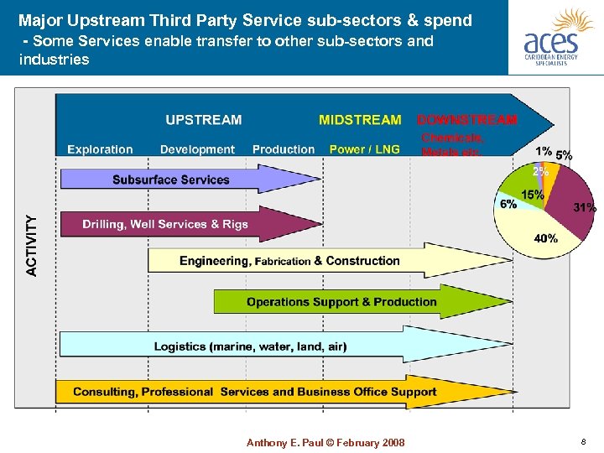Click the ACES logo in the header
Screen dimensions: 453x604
coord(556,38)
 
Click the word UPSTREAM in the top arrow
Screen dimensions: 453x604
coord(204,120)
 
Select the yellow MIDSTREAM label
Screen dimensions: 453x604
coord(360,120)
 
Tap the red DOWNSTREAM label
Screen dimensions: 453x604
coord(467,120)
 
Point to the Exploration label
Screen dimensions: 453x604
coord(100,149)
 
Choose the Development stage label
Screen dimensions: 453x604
coord(197,149)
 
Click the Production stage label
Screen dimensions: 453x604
coord(284,149)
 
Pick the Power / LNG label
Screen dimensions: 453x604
coord(364,149)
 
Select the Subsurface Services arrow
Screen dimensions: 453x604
coord(171,180)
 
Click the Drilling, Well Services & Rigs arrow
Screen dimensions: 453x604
coord(165,224)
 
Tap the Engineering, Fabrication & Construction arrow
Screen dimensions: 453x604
coord(289,261)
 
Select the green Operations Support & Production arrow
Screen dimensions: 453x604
coord(341,302)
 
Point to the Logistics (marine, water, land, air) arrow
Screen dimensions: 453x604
coord(250,346)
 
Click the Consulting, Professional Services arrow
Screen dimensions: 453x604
coord(255,392)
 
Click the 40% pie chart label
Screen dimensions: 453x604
coord(546,238)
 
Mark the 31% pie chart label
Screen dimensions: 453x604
coord(584,206)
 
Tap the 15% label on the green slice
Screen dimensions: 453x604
coord(532,195)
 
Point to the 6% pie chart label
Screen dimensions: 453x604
coord(508,204)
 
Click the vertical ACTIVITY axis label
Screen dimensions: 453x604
coord(32,245)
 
